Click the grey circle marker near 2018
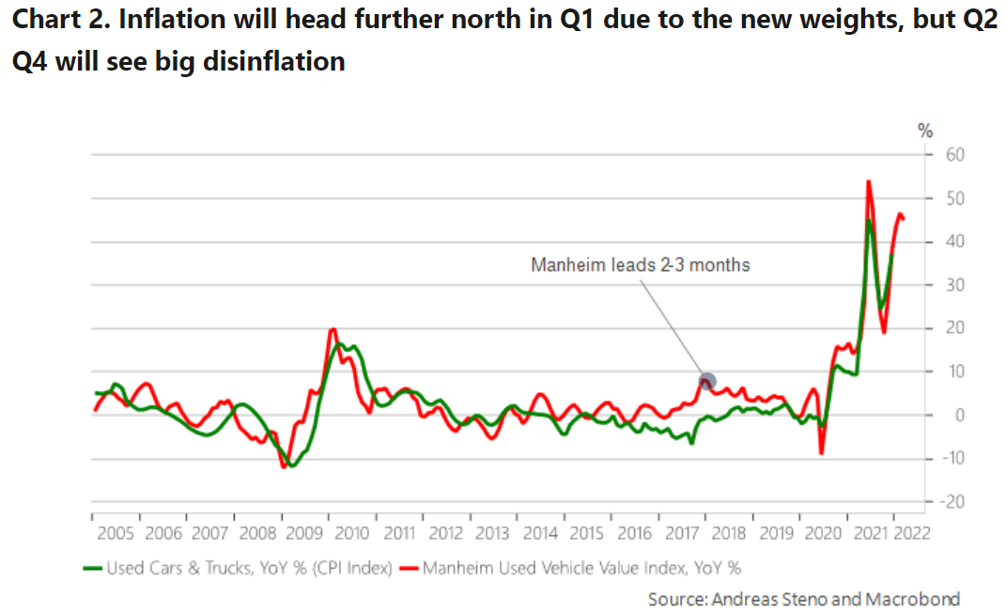(708, 382)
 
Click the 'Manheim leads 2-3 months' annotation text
(641, 265)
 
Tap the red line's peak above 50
(868, 181)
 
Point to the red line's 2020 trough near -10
(822, 453)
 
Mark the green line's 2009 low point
(293, 465)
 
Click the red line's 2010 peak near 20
(333, 329)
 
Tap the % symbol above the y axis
(924, 131)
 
